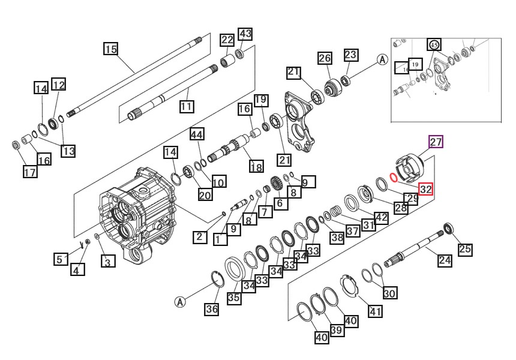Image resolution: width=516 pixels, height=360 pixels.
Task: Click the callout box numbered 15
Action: [x=111, y=49]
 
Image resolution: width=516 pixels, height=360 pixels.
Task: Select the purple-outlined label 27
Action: [x=435, y=142]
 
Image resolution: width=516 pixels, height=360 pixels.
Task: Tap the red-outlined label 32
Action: [x=425, y=189]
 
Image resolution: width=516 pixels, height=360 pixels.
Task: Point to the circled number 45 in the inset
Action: [x=434, y=44]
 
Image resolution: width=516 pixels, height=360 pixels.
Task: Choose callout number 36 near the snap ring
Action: [x=211, y=309]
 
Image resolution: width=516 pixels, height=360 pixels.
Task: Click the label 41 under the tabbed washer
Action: [x=375, y=311]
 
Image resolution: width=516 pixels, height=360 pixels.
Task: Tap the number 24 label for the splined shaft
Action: [x=445, y=260]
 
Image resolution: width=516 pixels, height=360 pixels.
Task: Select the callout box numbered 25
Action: [x=465, y=249]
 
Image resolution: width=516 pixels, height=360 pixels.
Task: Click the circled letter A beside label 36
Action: [x=179, y=302]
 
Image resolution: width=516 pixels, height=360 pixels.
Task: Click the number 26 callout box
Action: [x=325, y=58]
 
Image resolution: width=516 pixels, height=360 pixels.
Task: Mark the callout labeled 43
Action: [x=245, y=33]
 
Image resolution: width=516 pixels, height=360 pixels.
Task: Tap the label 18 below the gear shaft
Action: [x=256, y=166]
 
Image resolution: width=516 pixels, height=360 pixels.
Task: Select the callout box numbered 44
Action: [x=197, y=134]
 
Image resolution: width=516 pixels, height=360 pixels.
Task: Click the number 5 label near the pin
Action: [x=61, y=259]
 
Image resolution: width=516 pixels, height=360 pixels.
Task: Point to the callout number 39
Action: [x=336, y=331]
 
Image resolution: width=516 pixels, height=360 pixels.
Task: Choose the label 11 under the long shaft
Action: [x=187, y=107]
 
